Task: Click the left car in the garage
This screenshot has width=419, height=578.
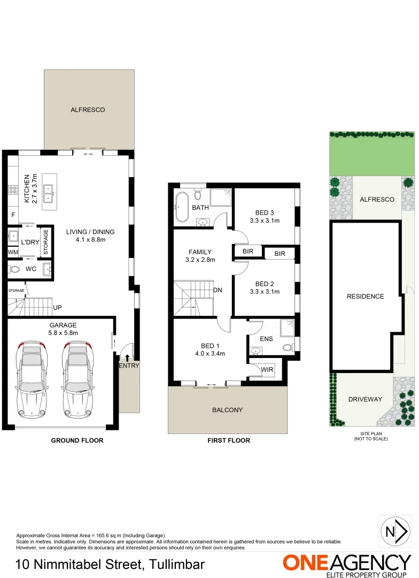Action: (32, 379)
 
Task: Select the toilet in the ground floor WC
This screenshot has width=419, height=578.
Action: (14, 269)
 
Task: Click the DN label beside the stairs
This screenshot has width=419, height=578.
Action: (218, 291)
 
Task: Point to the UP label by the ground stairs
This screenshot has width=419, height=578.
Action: (58, 308)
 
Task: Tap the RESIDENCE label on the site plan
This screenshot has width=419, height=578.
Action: (365, 296)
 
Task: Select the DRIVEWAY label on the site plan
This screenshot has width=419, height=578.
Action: (365, 399)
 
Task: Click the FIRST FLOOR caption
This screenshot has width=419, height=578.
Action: (229, 440)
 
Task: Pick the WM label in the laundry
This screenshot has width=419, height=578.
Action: (13, 252)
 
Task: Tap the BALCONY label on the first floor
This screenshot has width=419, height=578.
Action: (228, 410)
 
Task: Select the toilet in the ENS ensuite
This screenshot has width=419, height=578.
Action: (288, 347)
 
